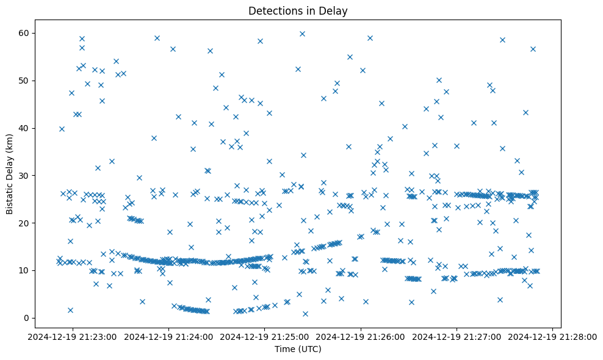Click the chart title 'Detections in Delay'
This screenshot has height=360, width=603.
point(298,10)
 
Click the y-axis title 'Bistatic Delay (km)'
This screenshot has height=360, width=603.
point(10,174)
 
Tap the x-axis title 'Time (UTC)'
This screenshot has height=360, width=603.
point(298,349)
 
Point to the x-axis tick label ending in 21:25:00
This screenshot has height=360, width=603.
point(265,336)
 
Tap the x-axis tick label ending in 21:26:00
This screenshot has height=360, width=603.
point(361,336)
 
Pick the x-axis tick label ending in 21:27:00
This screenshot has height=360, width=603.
point(457,336)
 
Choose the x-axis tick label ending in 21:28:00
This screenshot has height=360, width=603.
point(552,336)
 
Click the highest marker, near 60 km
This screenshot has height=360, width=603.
point(302,34)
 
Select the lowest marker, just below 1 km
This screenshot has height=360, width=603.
point(305,314)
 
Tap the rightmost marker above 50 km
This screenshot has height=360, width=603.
point(533,49)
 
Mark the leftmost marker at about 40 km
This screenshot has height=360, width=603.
point(62,129)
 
